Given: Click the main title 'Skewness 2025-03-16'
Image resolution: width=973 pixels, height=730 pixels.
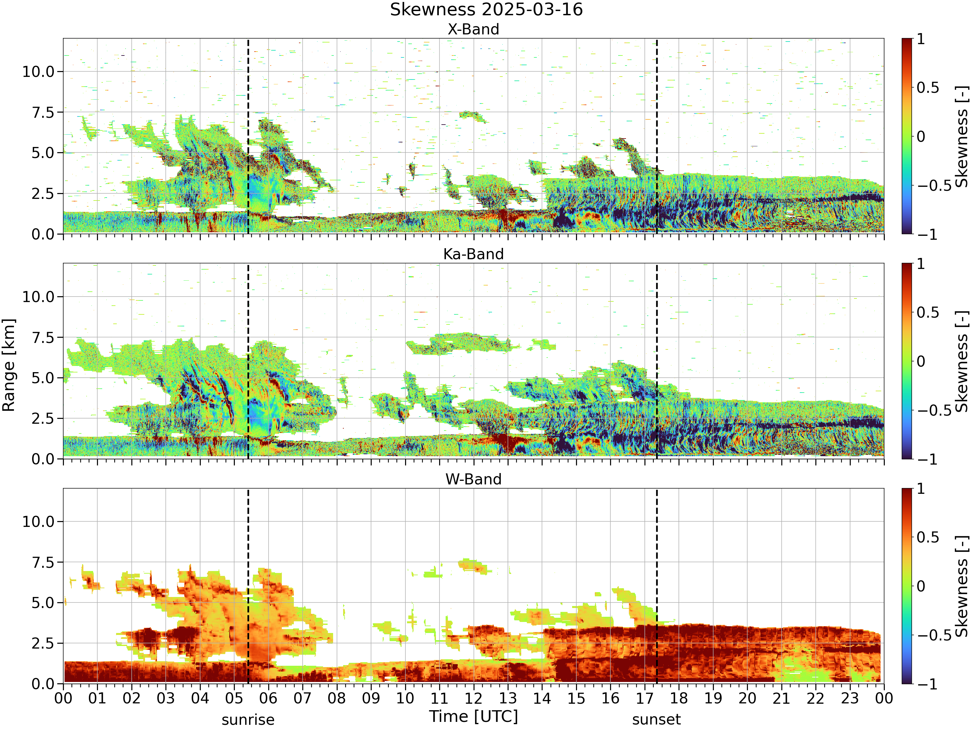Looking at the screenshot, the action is [x=486, y=9].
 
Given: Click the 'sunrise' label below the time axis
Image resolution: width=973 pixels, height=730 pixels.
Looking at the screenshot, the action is [x=248, y=720].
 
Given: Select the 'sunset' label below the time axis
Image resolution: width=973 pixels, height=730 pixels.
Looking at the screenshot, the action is [x=656, y=720].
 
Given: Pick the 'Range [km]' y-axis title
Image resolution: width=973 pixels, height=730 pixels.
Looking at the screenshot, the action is [x=9, y=365].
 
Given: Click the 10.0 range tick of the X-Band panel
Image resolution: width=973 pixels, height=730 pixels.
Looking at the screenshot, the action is [x=38, y=72].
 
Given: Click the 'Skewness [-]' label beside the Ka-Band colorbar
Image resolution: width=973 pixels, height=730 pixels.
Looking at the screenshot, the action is [x=962, y=361].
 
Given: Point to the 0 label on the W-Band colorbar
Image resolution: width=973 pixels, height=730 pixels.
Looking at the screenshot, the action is [x=921, y=586].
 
